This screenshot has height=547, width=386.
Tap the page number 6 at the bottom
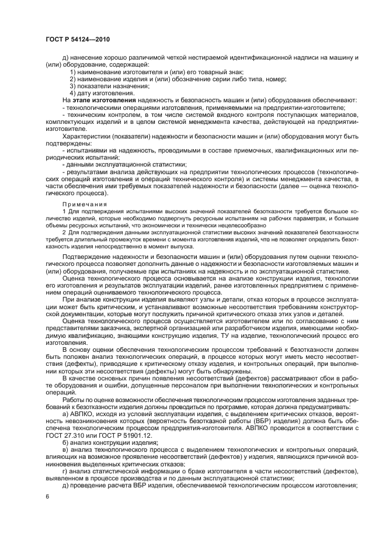pyautogui.click(x=48, y=497)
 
